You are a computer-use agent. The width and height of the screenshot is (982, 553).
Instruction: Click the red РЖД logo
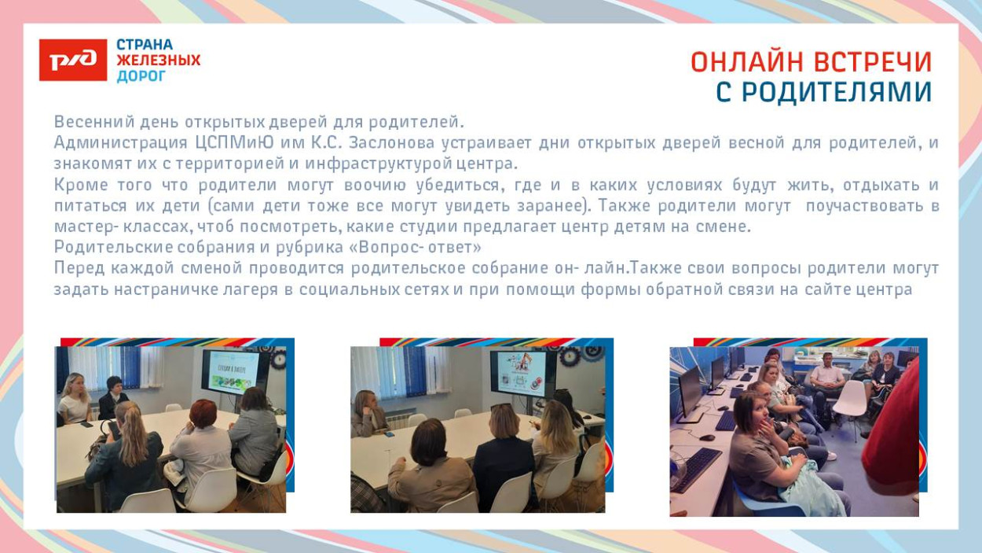point(73,61)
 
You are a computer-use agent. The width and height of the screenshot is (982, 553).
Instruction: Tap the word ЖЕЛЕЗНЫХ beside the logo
point(158,61)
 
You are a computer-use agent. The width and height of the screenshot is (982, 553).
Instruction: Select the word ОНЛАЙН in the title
point(747,62)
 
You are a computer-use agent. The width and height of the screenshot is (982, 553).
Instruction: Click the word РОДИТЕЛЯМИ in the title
point(836,93)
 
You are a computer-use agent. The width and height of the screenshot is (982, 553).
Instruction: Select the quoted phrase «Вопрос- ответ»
point(420,247)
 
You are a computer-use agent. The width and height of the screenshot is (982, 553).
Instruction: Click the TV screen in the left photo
point(233,371)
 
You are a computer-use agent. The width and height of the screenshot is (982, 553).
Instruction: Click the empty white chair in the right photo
point(848,405)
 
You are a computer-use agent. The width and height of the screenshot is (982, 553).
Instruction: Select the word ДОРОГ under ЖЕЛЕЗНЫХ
point(141,76)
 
